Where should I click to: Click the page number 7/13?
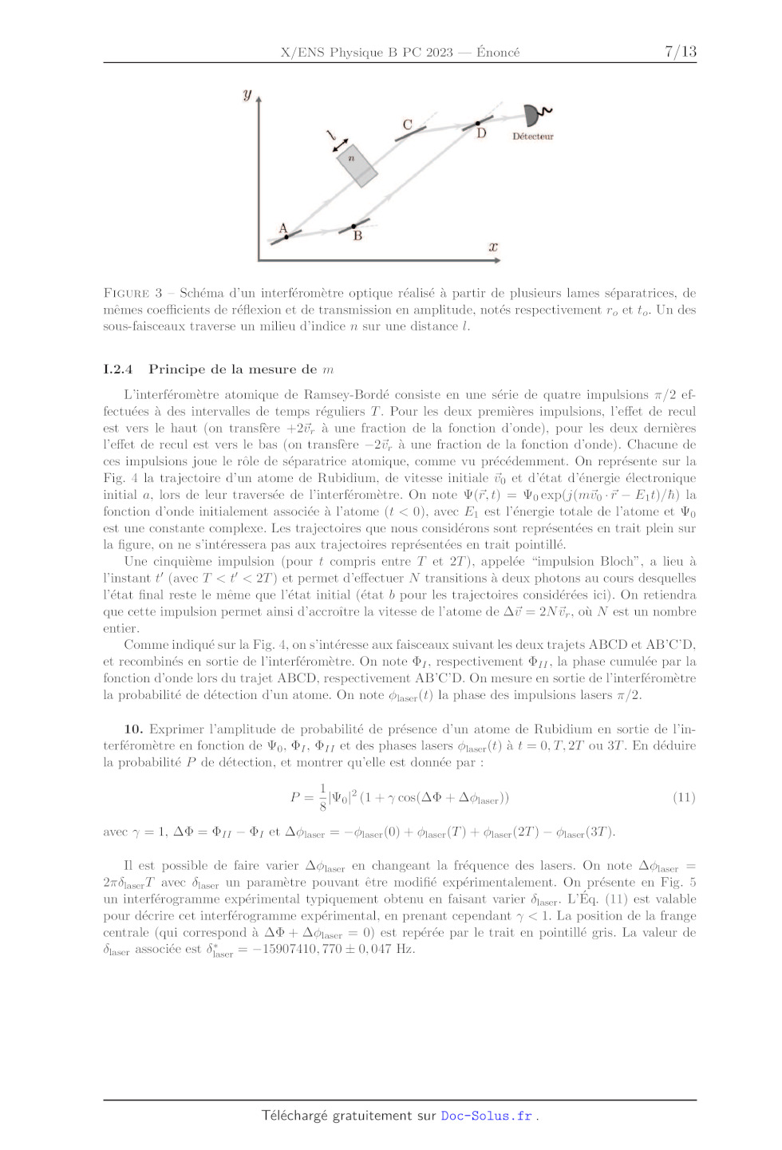point(680,52)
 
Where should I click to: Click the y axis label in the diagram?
point(247,95)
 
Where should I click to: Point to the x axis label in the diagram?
point(493,247)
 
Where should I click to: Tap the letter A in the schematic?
point(282,228)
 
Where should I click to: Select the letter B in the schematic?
point(357,236)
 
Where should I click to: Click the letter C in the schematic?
point(407,124)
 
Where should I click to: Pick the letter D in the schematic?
point(481,133)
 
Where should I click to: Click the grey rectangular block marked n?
point(356,166)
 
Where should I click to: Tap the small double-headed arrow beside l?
point(341,145)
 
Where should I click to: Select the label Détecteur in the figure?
point(532,136)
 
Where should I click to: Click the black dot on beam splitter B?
point(353,227)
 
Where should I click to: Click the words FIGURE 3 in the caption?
point(132,293)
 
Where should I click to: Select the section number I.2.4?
point(117,370)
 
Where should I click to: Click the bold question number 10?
point(133,729)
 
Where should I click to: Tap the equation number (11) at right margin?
point(684,797)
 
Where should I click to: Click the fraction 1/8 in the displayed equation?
point(322,797)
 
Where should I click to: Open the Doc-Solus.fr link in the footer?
point(487,1116)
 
